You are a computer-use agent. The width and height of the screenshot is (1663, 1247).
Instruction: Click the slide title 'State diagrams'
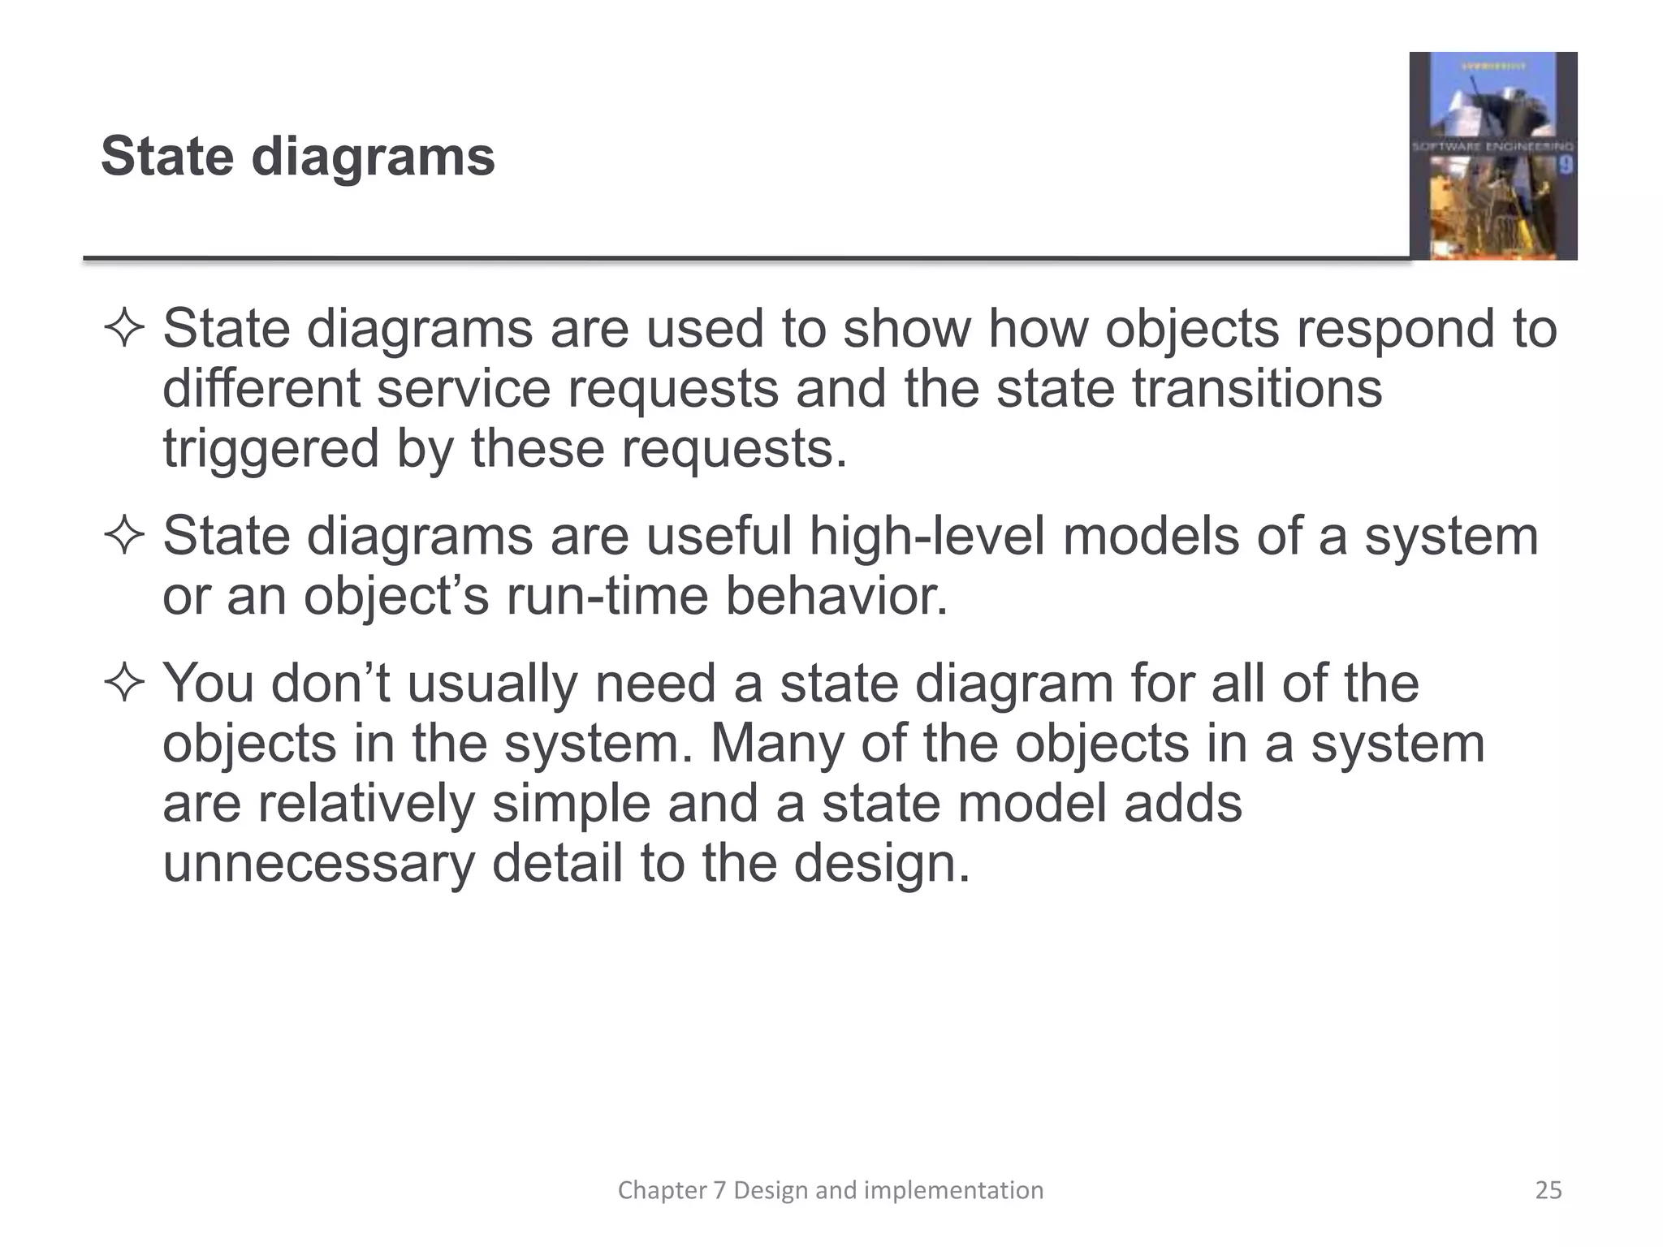(x=297, y=156)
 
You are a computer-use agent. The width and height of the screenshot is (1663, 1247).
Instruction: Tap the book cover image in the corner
(x=1492, y=156)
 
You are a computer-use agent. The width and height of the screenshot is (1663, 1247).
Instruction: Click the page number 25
(x=1549, y=1190)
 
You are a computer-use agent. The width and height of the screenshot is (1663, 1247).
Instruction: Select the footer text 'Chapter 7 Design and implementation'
(x=831, y=1190)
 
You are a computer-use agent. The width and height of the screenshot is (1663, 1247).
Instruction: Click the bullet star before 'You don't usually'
(x=124, y=684)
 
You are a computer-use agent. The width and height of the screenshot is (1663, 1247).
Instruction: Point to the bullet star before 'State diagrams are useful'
(x=124, y=537)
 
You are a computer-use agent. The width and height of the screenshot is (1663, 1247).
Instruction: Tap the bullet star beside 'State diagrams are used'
(x=124, y=330)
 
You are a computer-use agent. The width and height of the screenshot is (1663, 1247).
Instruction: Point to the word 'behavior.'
(x=836, y=597)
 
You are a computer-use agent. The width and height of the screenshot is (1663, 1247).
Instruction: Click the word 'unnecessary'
(x=318, y=863)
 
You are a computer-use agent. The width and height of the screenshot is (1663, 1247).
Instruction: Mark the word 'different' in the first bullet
(x=261, y=389)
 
